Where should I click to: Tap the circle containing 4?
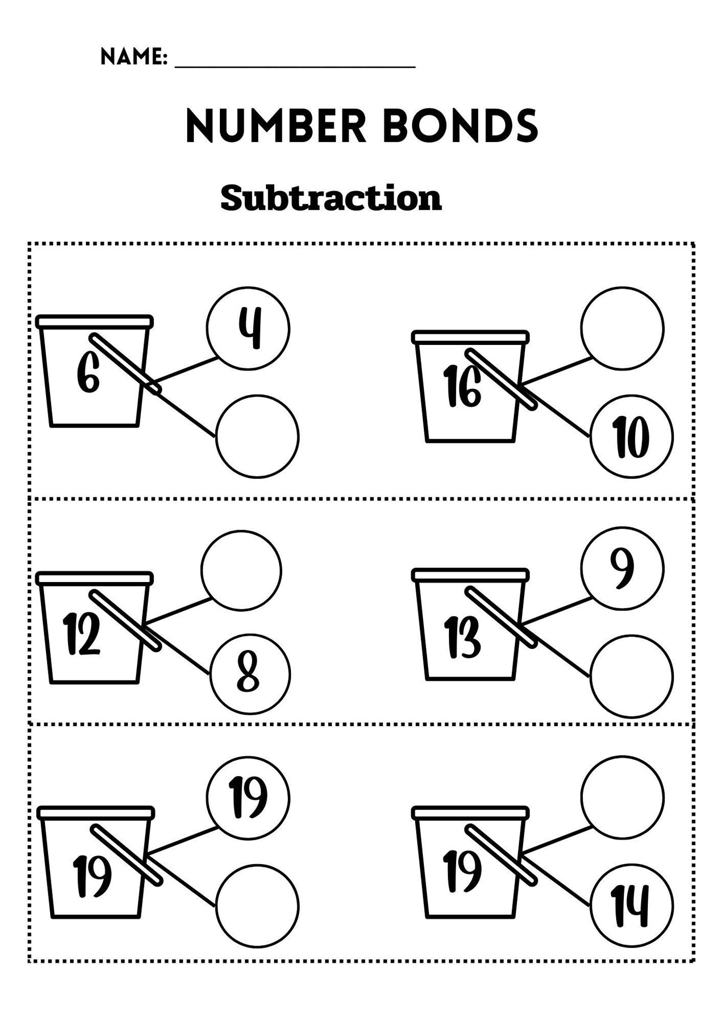(248, 329)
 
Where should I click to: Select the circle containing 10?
(631, 437)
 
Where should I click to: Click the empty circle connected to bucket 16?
(622, 328)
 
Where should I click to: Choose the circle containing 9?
(622, 569)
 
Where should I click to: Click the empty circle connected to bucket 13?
(631, 676)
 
